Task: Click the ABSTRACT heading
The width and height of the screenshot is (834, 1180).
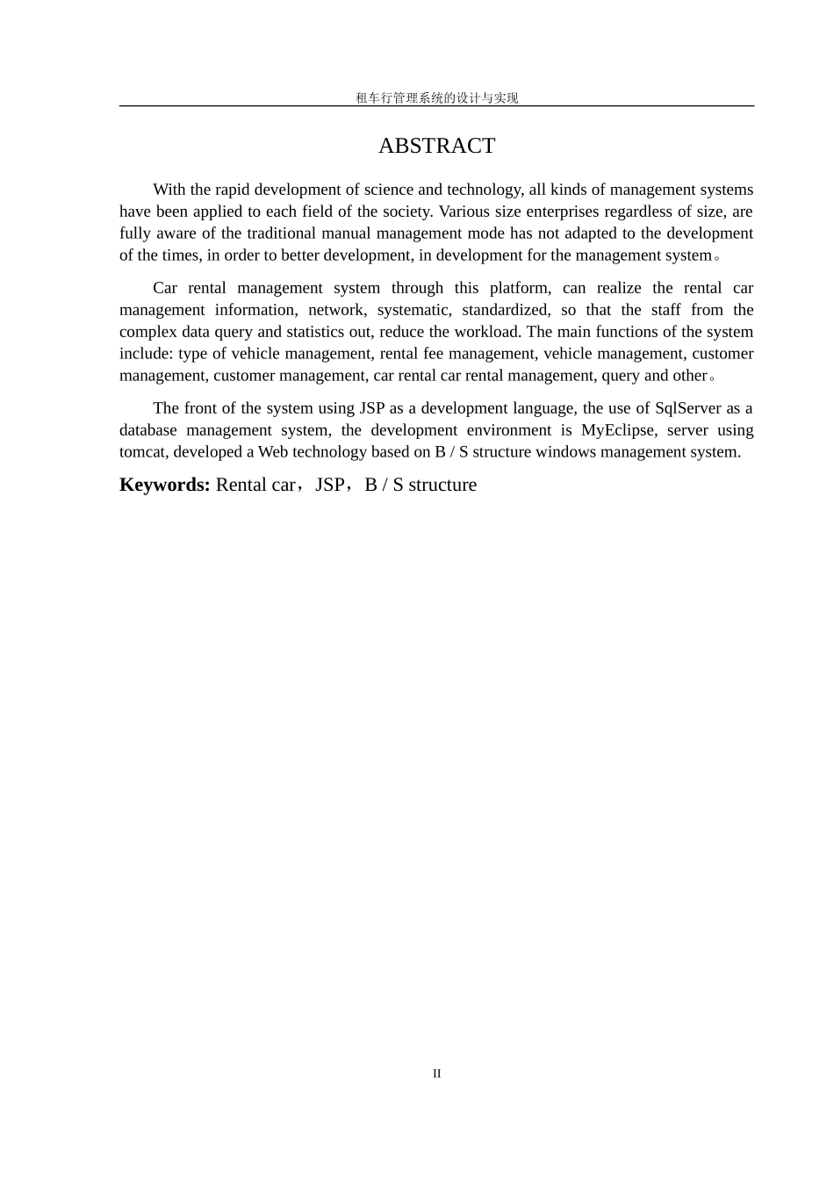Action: point(436,146)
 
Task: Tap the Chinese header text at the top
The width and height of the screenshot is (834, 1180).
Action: point(436,98)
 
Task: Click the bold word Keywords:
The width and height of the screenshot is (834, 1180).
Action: point(164,485)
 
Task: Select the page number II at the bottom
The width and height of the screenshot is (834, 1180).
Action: point(436,1074)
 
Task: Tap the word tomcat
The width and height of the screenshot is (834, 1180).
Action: point(144,452)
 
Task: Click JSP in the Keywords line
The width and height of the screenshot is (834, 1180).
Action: point(330,485)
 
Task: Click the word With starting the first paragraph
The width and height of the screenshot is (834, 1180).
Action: point(169,190)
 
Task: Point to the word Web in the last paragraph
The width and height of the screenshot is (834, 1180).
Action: point(272,452)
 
